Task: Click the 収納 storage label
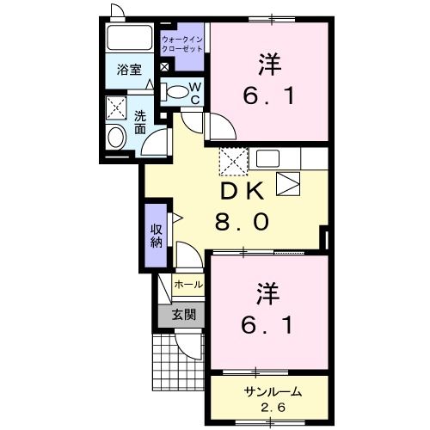point(156,234)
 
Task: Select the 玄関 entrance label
point(182,315)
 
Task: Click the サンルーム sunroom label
point(266,391)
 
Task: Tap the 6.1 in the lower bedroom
point(267,326)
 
